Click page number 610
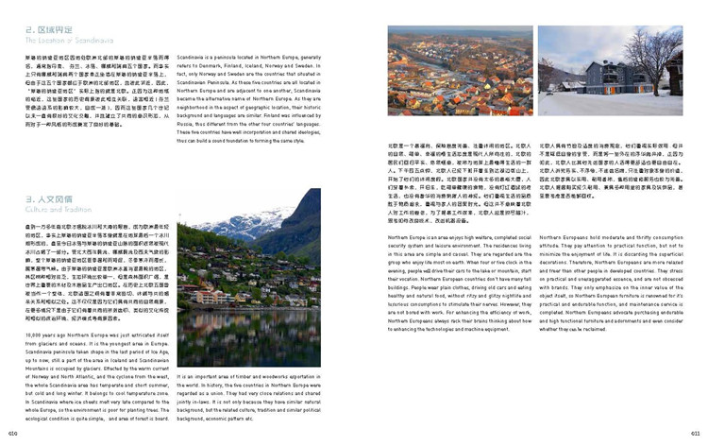[12, 432]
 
